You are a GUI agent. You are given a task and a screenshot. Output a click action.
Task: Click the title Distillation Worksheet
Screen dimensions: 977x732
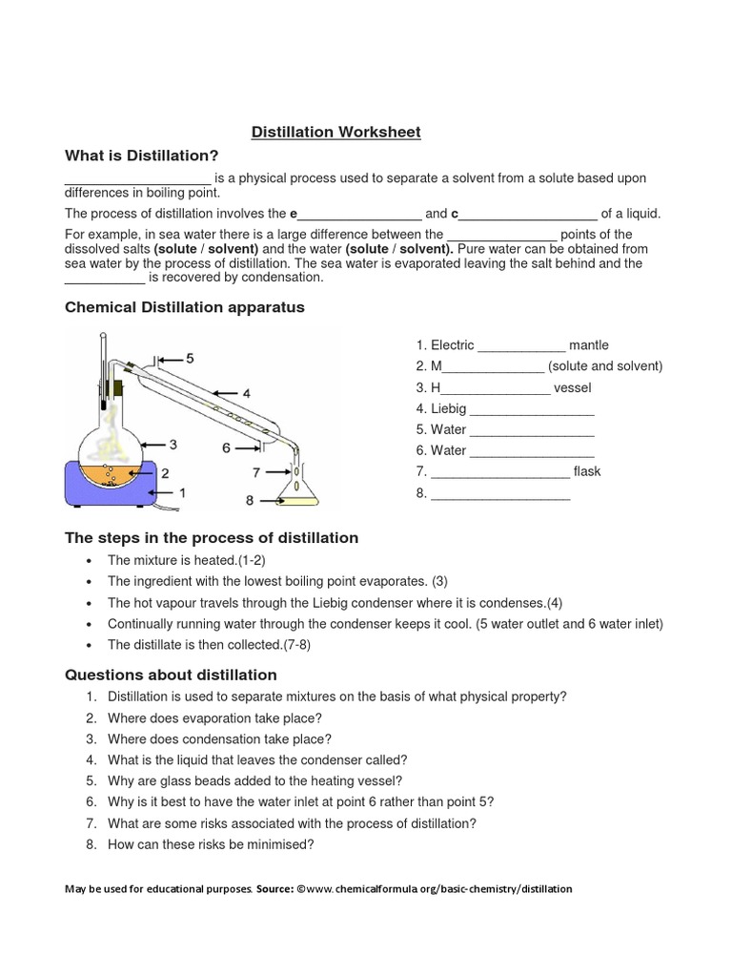point(335,132)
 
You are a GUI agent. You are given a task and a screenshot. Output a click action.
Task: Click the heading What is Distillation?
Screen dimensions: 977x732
point(141,155)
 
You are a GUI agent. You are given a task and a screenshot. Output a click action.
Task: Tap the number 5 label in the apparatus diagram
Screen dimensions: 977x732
point(191,358)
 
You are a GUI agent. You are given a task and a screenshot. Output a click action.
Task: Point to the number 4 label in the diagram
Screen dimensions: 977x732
point(246,392)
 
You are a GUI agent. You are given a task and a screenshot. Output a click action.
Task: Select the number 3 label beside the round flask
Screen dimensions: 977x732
point(173,444)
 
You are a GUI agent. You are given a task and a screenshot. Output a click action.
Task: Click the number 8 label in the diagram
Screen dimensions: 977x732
point(250,499)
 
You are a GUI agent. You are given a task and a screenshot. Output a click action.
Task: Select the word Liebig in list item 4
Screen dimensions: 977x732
point(448,408)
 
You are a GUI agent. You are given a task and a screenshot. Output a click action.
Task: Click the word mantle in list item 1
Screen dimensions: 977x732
point(588,345)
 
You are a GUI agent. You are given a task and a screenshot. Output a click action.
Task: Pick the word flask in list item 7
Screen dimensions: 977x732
point(587,471)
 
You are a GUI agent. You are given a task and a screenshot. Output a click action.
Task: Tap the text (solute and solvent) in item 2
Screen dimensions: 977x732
point(605,366)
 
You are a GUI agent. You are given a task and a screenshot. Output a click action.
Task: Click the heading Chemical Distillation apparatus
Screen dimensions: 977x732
point(184,307)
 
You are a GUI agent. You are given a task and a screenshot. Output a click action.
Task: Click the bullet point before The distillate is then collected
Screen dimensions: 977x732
point(89,645)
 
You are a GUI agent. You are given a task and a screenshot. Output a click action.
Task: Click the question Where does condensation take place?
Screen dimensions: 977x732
point(219,738)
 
